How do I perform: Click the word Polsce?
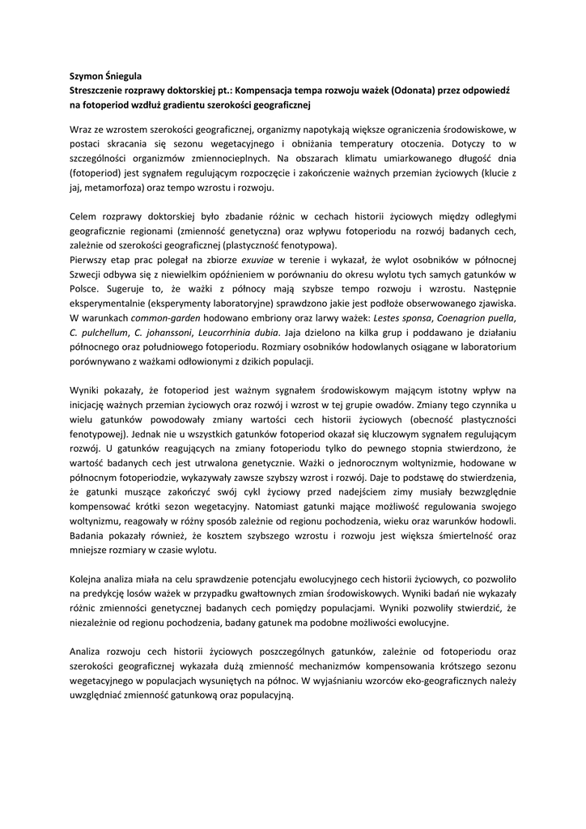85,289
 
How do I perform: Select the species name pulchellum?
104,333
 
